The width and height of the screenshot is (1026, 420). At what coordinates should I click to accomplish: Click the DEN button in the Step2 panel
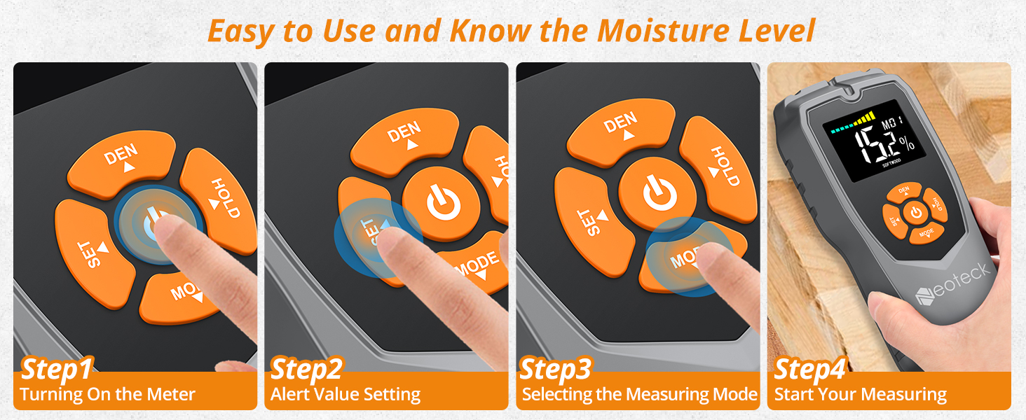[x=405, y=136]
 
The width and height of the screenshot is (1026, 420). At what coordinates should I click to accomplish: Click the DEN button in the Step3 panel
[x=621, y=129]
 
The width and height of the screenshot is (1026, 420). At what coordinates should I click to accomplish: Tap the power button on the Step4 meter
[x=915, y=213]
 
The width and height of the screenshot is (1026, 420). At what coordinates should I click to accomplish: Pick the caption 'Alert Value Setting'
[x=346, y=395]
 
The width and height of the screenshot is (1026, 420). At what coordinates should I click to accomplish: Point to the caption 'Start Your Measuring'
[x=860, y=395]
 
